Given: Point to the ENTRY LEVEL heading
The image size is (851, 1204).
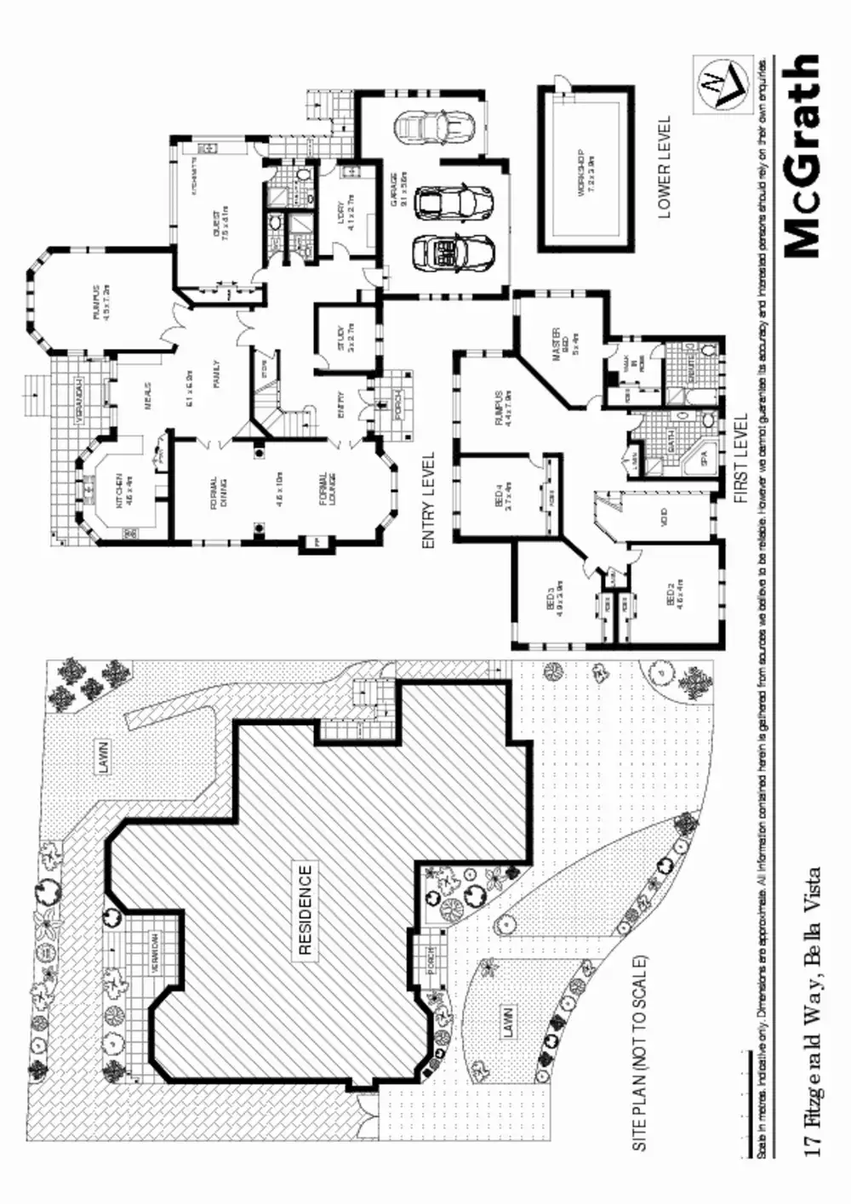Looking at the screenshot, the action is [x=428, y=499].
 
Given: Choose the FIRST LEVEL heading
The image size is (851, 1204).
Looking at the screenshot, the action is [x=741, y=459].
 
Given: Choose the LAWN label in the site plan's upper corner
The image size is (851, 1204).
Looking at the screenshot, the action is [x=103, y=755].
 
